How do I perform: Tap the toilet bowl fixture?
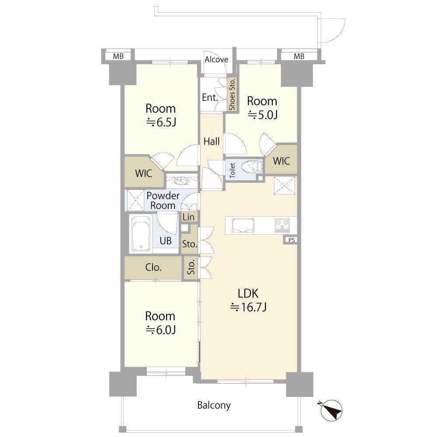click(x=252, y=167)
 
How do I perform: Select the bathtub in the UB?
click(x=141, y=233)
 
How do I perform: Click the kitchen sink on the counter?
click(x=243, y=225)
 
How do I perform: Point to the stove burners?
click(x=283, y=225)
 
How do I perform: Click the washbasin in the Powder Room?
click(x=182, y=181)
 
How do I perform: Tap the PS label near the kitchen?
click(x=291, y=239)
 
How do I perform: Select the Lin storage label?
click(x=189, y=217)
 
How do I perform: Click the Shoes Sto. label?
click(x=232, y=94)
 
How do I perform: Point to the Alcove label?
click(x=216, y=59)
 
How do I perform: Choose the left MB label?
click(x=118, y=56)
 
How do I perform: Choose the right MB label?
click(x=299, y=56)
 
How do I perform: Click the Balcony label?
click(x=214, y=405)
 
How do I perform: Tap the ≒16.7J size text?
click(x=248, y=307)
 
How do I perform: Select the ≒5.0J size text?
click(x=263, y=114)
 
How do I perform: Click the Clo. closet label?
click(x=153, y=267)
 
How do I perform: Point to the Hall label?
click(x=212, y=142)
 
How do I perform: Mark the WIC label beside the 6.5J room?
click(x=143, y=173)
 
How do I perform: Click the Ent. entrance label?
click(x=210, y=97)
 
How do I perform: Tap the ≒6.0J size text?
click(x=161, y=329)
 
